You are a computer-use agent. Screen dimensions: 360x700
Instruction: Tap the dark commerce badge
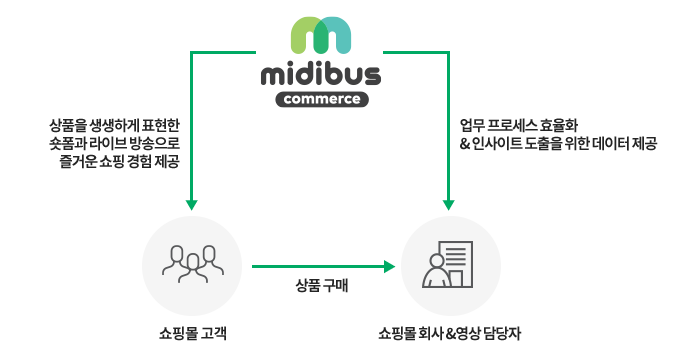click(321, 99)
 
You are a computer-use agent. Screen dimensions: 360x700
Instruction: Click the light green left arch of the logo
click(305, 36)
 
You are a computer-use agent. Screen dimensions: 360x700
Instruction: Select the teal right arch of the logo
click(337, 36)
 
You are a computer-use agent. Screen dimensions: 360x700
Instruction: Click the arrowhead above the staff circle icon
click(449, 205)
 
